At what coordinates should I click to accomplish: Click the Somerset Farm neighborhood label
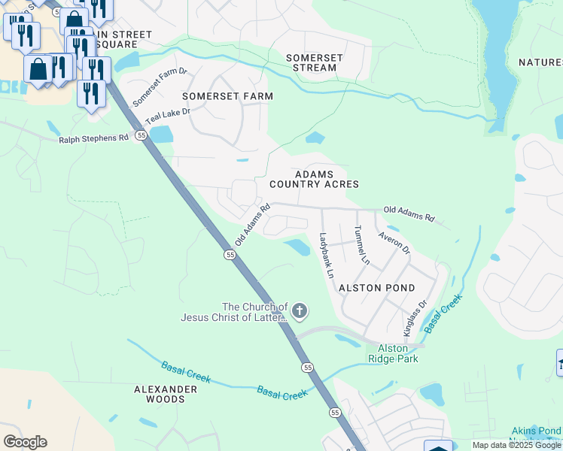click(227, 96)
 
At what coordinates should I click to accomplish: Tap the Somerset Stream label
click(315, 62)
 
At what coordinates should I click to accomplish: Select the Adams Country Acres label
click(314, 179)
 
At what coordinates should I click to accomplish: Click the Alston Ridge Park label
click(392, 353)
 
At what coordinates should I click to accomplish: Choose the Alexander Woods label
click(165, 394)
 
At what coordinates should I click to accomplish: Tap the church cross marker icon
click(300, 310)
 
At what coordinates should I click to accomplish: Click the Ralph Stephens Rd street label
click(94, 139)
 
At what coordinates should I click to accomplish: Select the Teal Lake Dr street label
click(168, 116)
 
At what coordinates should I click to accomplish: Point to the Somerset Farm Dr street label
click(160, 87)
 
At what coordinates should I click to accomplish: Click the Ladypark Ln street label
click(326, 256)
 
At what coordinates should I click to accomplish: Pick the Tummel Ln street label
click(361, 246)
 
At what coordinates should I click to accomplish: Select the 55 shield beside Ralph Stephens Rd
click(141, 135)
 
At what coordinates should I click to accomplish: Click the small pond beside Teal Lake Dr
click(161, 135)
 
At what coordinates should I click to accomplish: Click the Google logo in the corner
click(25, 441)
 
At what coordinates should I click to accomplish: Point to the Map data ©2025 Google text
click(517, 445)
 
